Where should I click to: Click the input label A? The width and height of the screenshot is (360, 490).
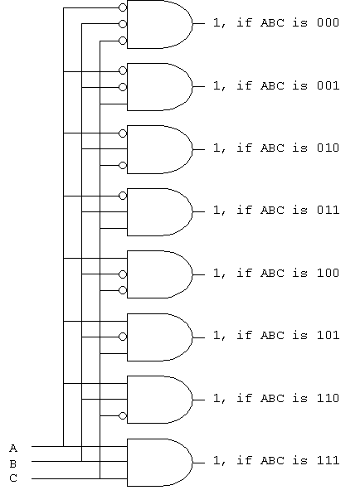13,449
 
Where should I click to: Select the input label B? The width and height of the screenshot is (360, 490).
13,463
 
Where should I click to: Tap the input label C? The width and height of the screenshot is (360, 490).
13,478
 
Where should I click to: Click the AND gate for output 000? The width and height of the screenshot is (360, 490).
160,24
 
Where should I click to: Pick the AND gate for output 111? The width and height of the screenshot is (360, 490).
160,463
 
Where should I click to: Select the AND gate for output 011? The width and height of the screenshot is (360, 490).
160,212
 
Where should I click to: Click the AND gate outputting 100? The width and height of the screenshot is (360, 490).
160,274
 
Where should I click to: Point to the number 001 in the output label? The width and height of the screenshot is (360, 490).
328,85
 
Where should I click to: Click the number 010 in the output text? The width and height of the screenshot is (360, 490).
328,148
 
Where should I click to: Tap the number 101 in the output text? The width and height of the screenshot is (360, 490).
328,335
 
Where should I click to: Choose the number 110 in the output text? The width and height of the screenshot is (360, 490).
328,398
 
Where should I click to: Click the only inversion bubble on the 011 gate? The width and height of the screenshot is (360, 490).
123,196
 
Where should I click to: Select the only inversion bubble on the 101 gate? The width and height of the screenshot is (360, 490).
123,337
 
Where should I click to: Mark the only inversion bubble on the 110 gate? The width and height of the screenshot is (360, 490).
123,416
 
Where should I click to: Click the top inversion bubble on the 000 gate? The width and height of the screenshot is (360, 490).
123,7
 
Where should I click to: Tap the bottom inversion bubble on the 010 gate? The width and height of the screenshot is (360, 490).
123,165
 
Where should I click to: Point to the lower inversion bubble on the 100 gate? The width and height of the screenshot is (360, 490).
123,290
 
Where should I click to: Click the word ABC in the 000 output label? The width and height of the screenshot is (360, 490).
272,23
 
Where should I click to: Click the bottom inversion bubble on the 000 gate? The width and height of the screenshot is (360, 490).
123,41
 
